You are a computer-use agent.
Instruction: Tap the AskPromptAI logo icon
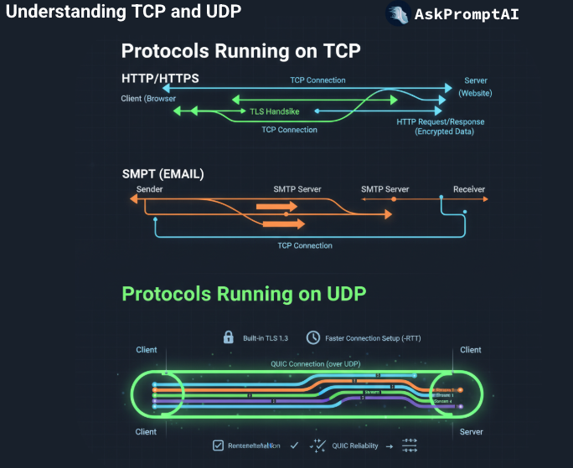[x=398, y=14]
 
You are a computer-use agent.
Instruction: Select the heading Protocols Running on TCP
[x=240, y=50]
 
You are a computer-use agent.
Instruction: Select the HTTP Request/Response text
[x=440, y=122]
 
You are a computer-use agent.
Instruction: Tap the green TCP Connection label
[x=289, y=130]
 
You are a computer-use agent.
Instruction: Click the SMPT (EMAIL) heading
[x=163, y=174]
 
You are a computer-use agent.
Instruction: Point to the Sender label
[x=149, y=189]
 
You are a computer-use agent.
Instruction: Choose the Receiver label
[x=469, y=189]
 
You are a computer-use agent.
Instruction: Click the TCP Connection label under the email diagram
[x=305, y=245]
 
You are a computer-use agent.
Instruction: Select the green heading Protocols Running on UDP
[x=244, y=294]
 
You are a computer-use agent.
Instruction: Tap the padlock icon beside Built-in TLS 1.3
[x=228, y=337]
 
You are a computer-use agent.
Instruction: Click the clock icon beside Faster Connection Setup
[x=312, y=337]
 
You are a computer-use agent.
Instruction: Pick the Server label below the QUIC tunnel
[x=470, y=432]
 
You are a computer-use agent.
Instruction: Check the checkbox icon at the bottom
[x=218, y=445]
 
